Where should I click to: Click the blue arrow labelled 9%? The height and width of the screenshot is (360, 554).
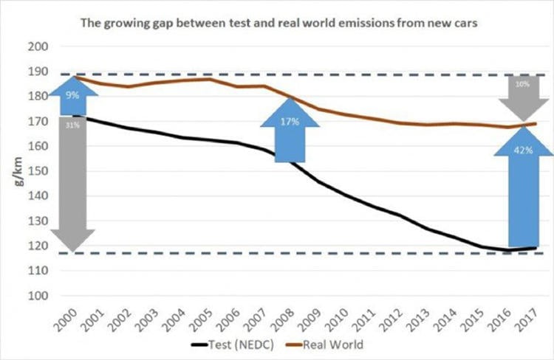(71, 95)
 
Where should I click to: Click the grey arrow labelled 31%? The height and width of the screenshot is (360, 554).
(72, 184)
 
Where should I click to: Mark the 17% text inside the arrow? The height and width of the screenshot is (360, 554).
(290, 122)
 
